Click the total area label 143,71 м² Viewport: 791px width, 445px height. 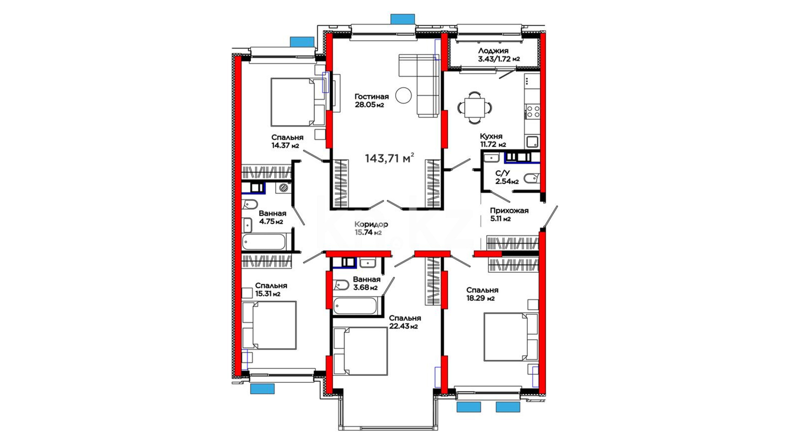pos(389,158)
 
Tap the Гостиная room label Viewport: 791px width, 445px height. pos(372,97)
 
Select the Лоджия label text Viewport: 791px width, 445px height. pos(493,51)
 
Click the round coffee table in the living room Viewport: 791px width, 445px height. pos(403,95)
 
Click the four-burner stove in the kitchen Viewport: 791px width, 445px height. pos(532,111)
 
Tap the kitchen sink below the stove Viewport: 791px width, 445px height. pos(532,142)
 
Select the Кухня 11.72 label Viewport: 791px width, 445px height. pos(493,141)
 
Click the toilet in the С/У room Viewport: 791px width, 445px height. pos(531,179)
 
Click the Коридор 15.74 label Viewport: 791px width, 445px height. pos(371,228)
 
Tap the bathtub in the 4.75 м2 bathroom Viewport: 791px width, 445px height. pos(264,242)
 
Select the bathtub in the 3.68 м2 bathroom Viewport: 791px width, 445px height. pos(355,306)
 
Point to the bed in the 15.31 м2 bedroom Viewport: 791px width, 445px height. pos(269,325)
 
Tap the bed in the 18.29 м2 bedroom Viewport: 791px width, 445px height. pos(511,337)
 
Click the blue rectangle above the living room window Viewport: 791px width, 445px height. pos(403,19)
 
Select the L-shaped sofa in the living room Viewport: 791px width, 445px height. pos(419,85)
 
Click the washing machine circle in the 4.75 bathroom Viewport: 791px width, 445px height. pos(283,188)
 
